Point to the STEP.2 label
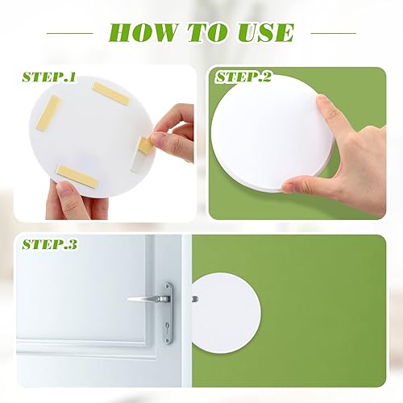coord(243,78)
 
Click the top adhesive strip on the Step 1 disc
coord(110,94)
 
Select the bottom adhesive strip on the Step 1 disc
coord(77,173)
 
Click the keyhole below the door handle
coord(166,330)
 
